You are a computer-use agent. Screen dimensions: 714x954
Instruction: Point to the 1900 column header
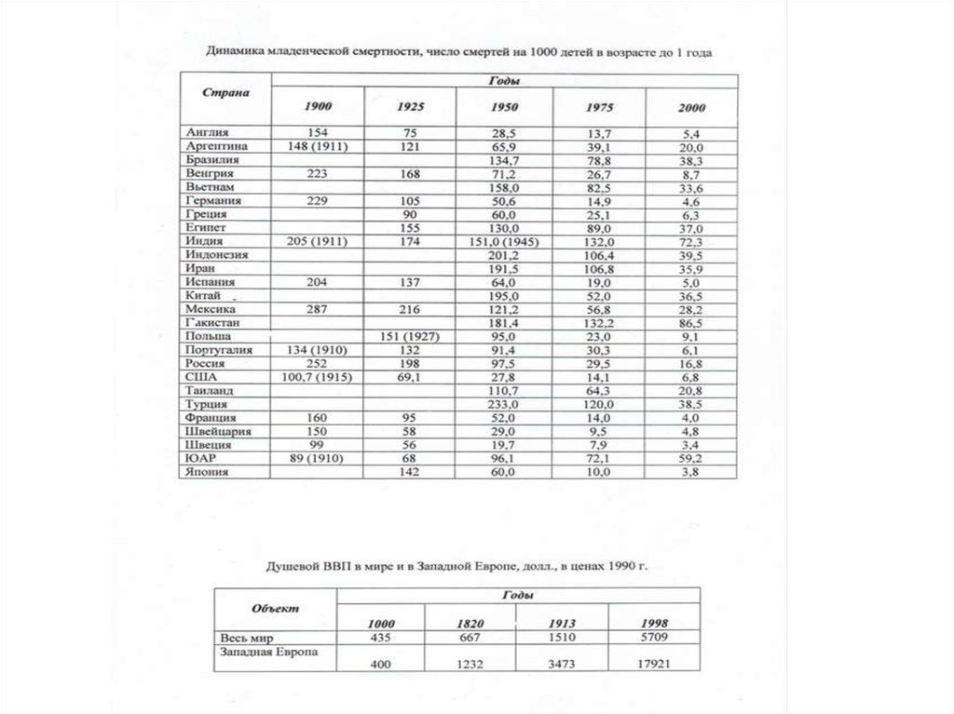coord(319,106)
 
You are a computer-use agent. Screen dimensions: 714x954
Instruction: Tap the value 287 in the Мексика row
coord(319,309)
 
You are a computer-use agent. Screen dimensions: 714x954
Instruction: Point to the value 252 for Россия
coord(319,363)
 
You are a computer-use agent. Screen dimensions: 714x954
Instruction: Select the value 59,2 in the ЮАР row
coord(691,458)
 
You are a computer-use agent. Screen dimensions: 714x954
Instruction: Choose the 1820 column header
coord(470,623)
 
